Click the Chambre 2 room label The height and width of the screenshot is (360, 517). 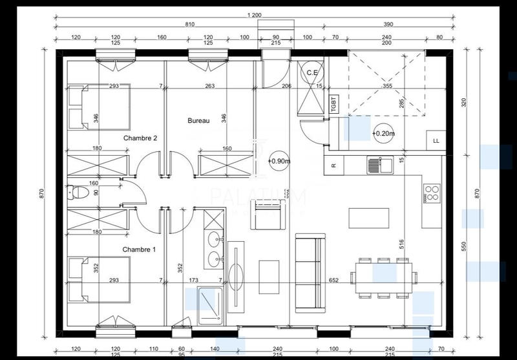[x=140, y=138]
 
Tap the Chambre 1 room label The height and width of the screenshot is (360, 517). [x=140, y=249]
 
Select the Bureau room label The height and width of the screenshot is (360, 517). [x=198, y=121]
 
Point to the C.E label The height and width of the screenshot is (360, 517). [x=311, y=72]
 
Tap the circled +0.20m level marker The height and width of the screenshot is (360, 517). [x=383, y=133]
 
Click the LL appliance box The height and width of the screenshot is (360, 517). [x=436, y=140]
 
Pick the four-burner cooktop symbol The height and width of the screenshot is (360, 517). [x=432, y=192]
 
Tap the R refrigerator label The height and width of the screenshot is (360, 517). [x=333, y=165]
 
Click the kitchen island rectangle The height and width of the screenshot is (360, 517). [x=369, y=218]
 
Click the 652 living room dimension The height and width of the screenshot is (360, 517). [x=333, y=281]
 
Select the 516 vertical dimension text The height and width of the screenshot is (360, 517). [x=401, y=244]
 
